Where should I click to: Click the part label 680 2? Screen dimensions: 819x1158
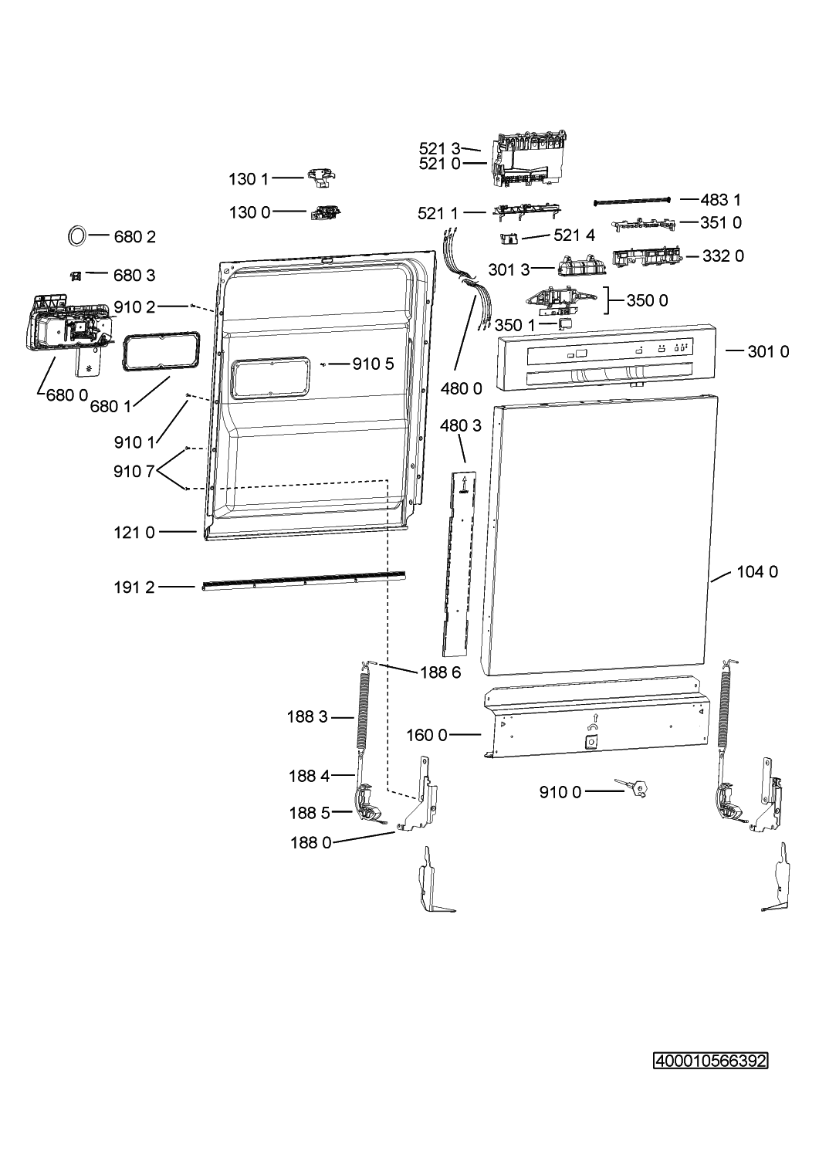[134, 237]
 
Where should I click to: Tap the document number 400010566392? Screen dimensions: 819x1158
[710, 1061]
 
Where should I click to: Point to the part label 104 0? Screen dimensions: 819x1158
[757, 572]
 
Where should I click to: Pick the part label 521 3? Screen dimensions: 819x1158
[439, 149]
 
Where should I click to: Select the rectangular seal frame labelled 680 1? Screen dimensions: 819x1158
[161, 352]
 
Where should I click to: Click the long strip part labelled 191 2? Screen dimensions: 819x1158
[303, 581]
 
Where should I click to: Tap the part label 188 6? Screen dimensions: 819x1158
[441, 672]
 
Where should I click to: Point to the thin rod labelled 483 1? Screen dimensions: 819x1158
[632, 201]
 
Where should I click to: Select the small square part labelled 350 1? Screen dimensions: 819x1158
[566, 323]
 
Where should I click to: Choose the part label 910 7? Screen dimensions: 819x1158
[134, 472]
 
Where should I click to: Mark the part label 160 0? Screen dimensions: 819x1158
[427, 735]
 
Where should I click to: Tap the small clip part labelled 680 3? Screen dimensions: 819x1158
[76, 276]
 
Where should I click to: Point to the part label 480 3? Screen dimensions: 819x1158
[461, 425]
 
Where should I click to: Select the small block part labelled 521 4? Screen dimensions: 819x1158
[509, 239]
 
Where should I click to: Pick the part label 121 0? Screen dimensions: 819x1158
[134, 533]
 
